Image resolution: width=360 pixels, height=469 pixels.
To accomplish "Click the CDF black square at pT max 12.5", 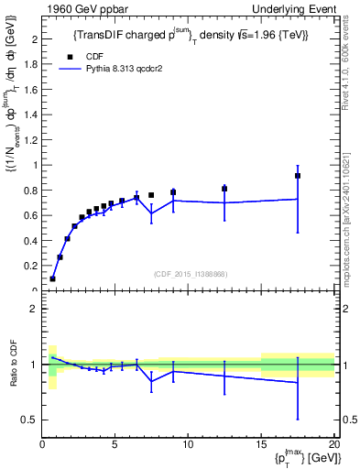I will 224,189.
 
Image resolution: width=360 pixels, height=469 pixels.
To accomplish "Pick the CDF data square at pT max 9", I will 173,192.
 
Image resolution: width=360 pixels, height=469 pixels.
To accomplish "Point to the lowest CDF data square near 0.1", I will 52,278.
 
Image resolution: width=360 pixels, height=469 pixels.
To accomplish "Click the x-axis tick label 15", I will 261,444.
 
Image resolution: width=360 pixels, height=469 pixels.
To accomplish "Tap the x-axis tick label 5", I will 115,444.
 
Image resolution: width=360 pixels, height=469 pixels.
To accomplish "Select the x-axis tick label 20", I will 333,444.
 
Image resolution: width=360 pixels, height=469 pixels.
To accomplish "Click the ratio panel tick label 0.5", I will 29,420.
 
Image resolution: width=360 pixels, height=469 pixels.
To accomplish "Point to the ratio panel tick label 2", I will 33,309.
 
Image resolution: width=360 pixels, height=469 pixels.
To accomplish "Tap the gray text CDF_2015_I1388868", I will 190,274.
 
